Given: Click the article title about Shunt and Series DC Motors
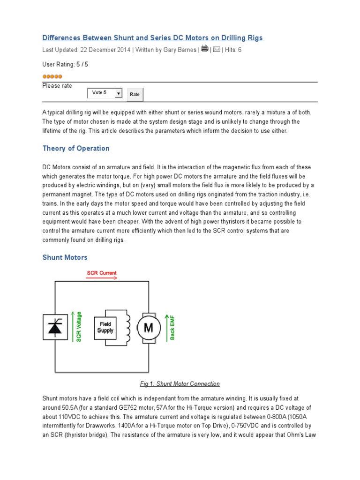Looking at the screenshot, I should [x=153, y=37].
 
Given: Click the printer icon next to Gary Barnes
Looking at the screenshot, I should [x=205, y=49].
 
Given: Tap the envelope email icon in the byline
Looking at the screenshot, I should [x=217, y=49].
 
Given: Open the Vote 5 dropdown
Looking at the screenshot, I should [x=105, y=93].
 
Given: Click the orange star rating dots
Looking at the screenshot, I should [x=52, y=76].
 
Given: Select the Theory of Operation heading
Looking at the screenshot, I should [x=76, y=149].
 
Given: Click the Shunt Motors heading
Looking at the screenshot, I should [x=65, y=257].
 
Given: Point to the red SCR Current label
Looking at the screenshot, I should [x=102, y=273].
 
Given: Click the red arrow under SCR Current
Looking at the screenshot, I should [x=102, y=278].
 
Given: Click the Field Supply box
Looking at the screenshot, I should [x=105, y=327].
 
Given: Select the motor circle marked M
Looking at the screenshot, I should [x=148, y=328].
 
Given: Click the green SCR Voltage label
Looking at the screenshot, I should [x=79, y=327].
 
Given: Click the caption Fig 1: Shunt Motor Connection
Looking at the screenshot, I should [x=180, y=384].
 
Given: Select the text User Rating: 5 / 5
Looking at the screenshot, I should [x=65, y=64].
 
